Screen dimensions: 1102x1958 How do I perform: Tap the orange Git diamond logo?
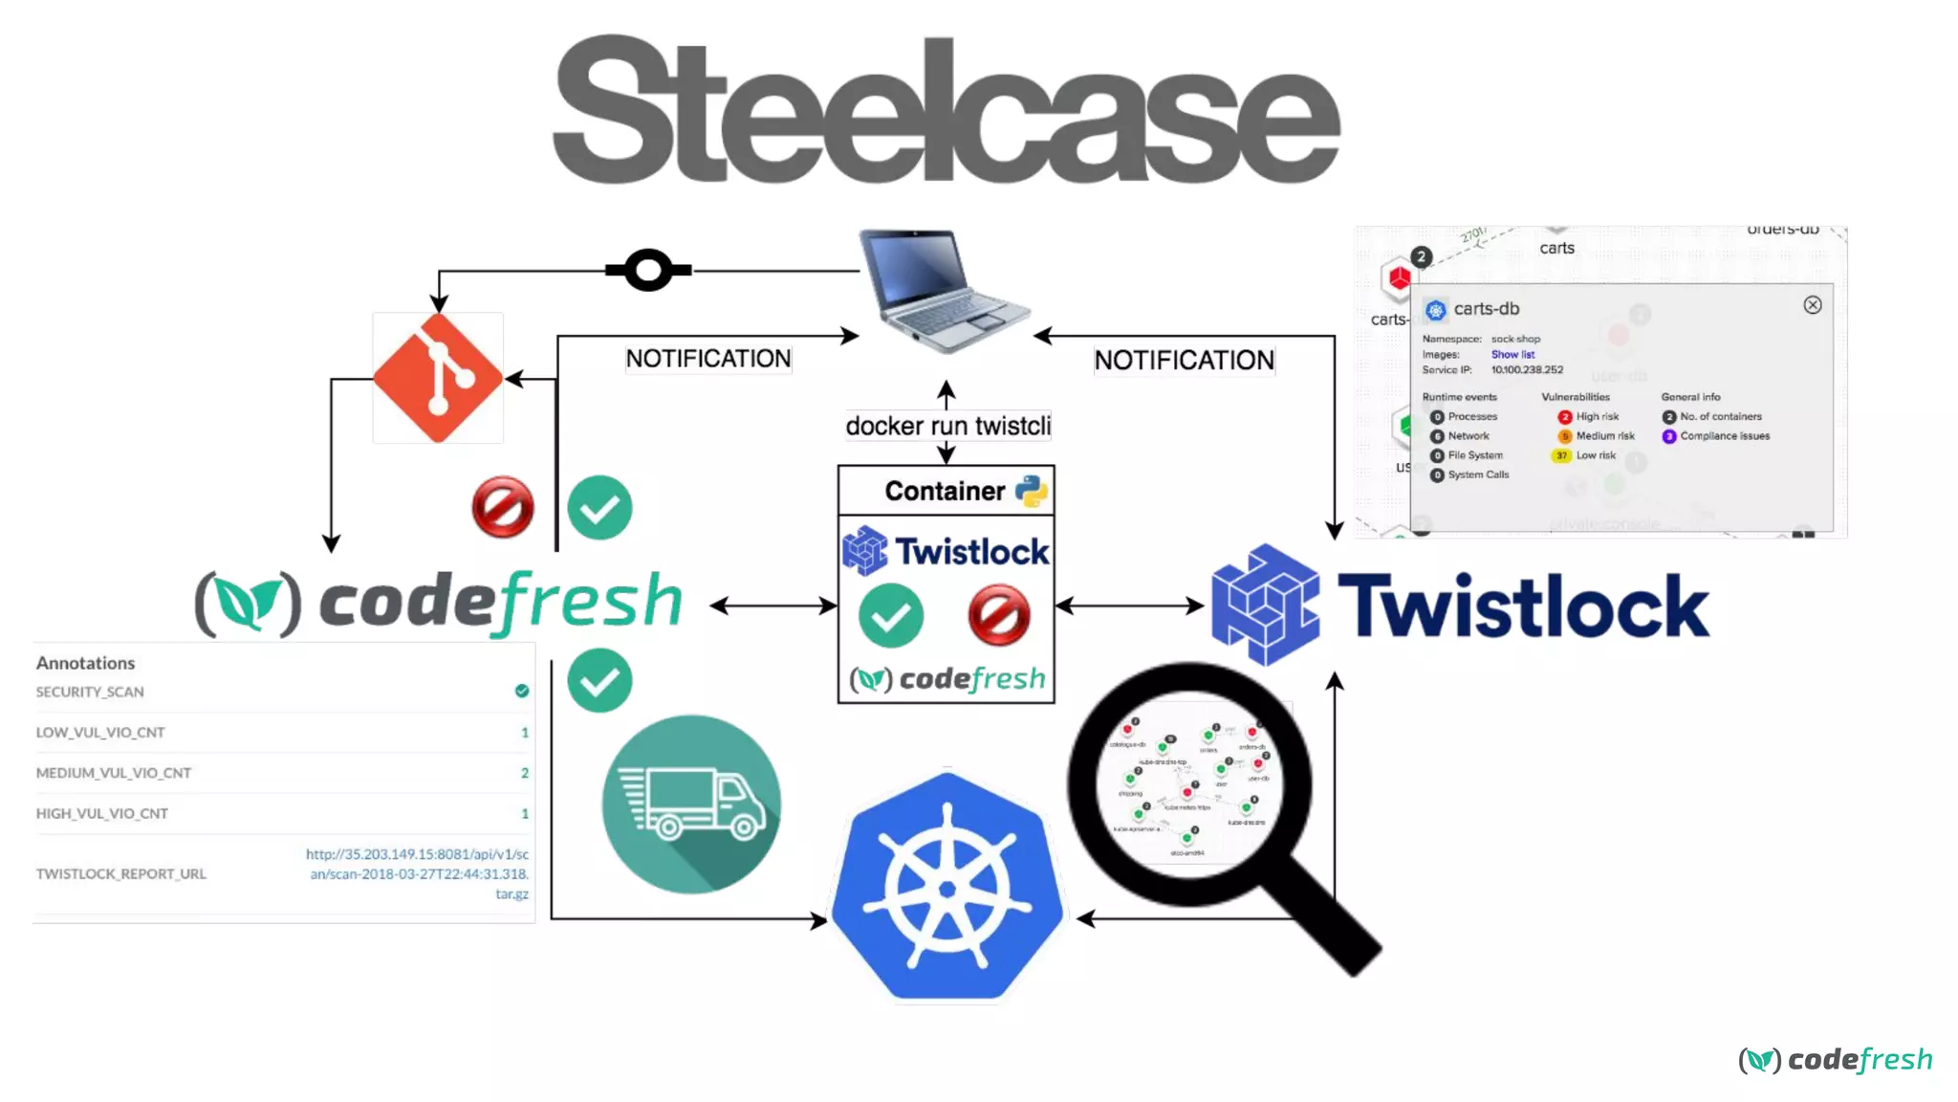click(438, 379)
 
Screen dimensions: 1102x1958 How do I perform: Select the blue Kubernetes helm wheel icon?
click(946, 888)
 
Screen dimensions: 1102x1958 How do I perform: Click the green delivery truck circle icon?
click(691, 804)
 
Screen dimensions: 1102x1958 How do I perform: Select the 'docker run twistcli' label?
click(947, 426)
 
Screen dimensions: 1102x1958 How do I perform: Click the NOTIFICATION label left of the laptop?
click(707, 359)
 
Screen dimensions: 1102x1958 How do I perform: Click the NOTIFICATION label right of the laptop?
click(1184, 361)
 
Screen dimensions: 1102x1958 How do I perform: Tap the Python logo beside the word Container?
click(1032, 491)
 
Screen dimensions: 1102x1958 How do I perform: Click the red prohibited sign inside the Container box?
click(998, 615)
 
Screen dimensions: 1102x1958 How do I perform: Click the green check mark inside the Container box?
click(891, 615)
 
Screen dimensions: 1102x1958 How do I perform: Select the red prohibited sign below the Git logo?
click(503, 507)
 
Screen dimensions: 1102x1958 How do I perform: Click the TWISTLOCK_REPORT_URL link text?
click(418, 873)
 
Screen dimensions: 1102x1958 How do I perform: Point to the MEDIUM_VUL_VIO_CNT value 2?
click(524, 773)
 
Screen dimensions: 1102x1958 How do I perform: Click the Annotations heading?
click(85, 663)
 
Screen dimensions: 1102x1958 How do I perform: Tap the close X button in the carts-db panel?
click(1812, 305)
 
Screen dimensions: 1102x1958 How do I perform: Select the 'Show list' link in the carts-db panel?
click(1512, 354)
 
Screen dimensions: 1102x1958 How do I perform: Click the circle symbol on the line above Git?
click(648, 270)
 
